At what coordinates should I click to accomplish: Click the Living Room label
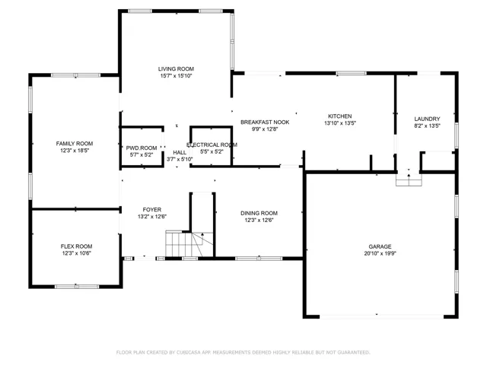coord(176,69)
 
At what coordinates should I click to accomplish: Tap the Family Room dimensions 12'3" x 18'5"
coord(75,151)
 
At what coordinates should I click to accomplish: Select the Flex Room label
coord(76,246)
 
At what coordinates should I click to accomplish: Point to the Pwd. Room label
coord(142,148)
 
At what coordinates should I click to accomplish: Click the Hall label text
coord(180,152)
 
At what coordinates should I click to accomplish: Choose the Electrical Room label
coord(212,145)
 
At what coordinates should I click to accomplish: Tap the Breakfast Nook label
coord(265,122)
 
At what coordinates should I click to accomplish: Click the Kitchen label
coord(340,116)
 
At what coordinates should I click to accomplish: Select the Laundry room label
coord(427,119)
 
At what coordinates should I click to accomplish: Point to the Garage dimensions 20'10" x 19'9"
coord(380,253)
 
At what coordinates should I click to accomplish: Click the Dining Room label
coord(259,213)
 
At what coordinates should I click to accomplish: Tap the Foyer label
coord(152,210)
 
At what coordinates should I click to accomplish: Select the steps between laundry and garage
coord(409,180)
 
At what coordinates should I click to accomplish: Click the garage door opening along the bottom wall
coord(382,316)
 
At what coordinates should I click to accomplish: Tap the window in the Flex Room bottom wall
coord(77,287)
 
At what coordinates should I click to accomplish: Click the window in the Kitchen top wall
coord(352,73)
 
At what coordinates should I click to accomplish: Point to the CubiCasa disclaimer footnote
coord(243,352)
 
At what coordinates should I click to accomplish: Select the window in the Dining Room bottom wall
coord(259,259)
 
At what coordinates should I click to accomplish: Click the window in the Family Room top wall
coord(76,75)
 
